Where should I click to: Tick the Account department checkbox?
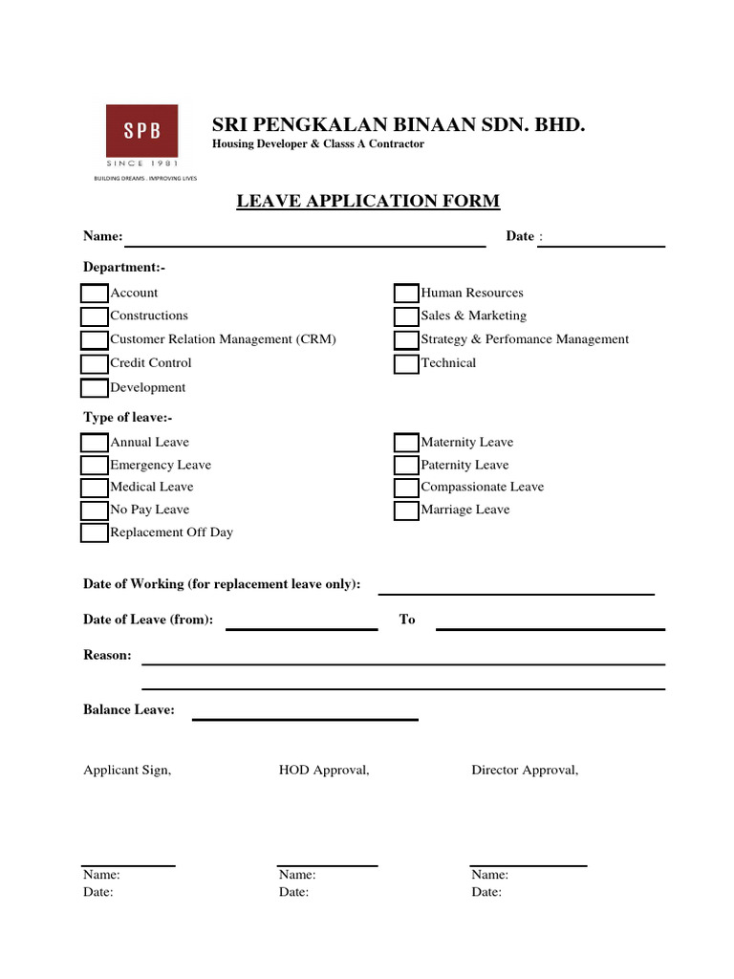pos(95,294)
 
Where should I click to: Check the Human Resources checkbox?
pos(406,294)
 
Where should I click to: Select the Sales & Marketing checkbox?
pos(406,316)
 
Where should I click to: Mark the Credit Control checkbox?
pos(95,363)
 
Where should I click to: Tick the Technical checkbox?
pos(406,363)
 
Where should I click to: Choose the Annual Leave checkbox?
pos(95,443)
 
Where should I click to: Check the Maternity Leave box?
pos(406,443)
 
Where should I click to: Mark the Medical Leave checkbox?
pos(95,488)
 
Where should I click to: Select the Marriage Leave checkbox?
pos(406,511)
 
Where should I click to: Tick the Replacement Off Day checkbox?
pos(95,533)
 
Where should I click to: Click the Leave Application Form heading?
pos(368,201)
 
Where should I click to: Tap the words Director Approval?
pos(525,771)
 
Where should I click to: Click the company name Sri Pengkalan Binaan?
pos(399,125)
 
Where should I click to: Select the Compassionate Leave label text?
pos(483,488)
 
